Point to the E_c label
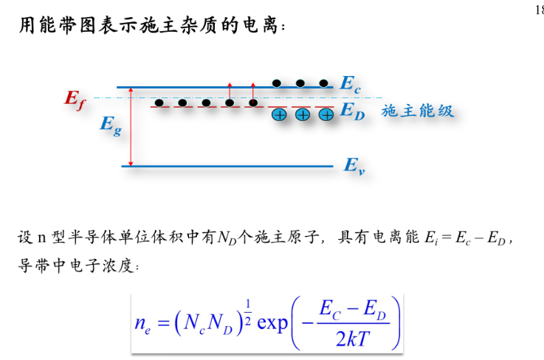click(x=351, y=85)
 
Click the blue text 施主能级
click(x=417, y=111)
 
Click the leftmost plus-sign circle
click(x=279, y=114)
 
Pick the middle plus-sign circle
click(x=303, y=114)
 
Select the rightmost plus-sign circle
click(x=326, y=114)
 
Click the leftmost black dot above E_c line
click(x=277, y=82)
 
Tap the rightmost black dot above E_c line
click(x=324, y=82)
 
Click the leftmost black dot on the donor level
click(x=159, y=103)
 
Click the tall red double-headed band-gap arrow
click(x=131, y=126)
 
